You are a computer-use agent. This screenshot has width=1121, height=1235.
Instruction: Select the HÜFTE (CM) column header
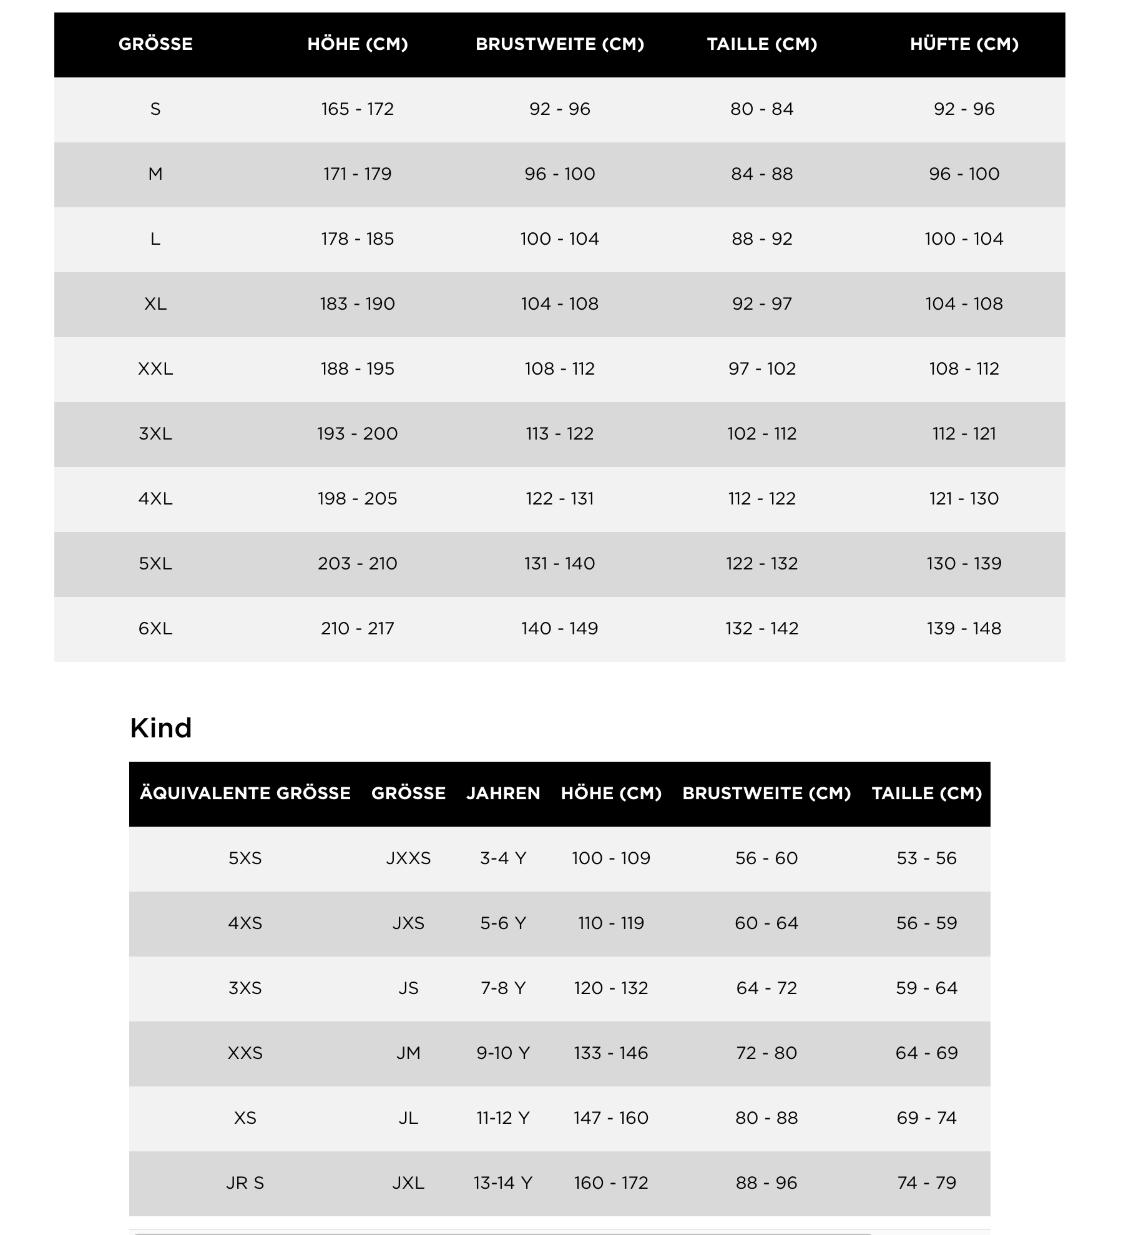964,44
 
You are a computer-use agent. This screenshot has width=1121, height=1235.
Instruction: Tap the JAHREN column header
503,793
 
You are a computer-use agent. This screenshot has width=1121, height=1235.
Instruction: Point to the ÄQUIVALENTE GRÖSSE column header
245,793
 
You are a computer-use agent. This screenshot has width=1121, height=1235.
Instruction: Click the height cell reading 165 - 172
357,109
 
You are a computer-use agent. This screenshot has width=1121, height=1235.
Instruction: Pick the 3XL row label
155,434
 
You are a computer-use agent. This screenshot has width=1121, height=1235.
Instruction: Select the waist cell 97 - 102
761,369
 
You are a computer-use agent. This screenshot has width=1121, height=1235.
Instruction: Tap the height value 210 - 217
357,629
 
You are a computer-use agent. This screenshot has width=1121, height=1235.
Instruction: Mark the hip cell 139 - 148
964,629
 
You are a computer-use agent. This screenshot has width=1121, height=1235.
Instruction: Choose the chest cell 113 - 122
559,434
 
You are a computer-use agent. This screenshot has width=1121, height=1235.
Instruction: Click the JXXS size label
408,858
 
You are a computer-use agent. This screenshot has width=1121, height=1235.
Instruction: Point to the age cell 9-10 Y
503,1053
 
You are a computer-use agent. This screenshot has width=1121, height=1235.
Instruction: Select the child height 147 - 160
611,1118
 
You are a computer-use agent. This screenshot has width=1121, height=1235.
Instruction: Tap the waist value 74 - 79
926,1183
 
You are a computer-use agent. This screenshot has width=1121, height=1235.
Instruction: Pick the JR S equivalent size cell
245,1183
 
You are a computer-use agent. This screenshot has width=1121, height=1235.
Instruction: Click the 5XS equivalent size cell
245,858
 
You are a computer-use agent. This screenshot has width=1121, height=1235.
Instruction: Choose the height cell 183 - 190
357,304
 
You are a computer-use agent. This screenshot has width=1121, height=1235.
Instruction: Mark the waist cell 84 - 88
761,174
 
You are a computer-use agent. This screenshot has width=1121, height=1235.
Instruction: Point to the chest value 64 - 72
766,988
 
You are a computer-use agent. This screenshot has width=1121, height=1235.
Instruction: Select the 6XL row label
155,629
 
